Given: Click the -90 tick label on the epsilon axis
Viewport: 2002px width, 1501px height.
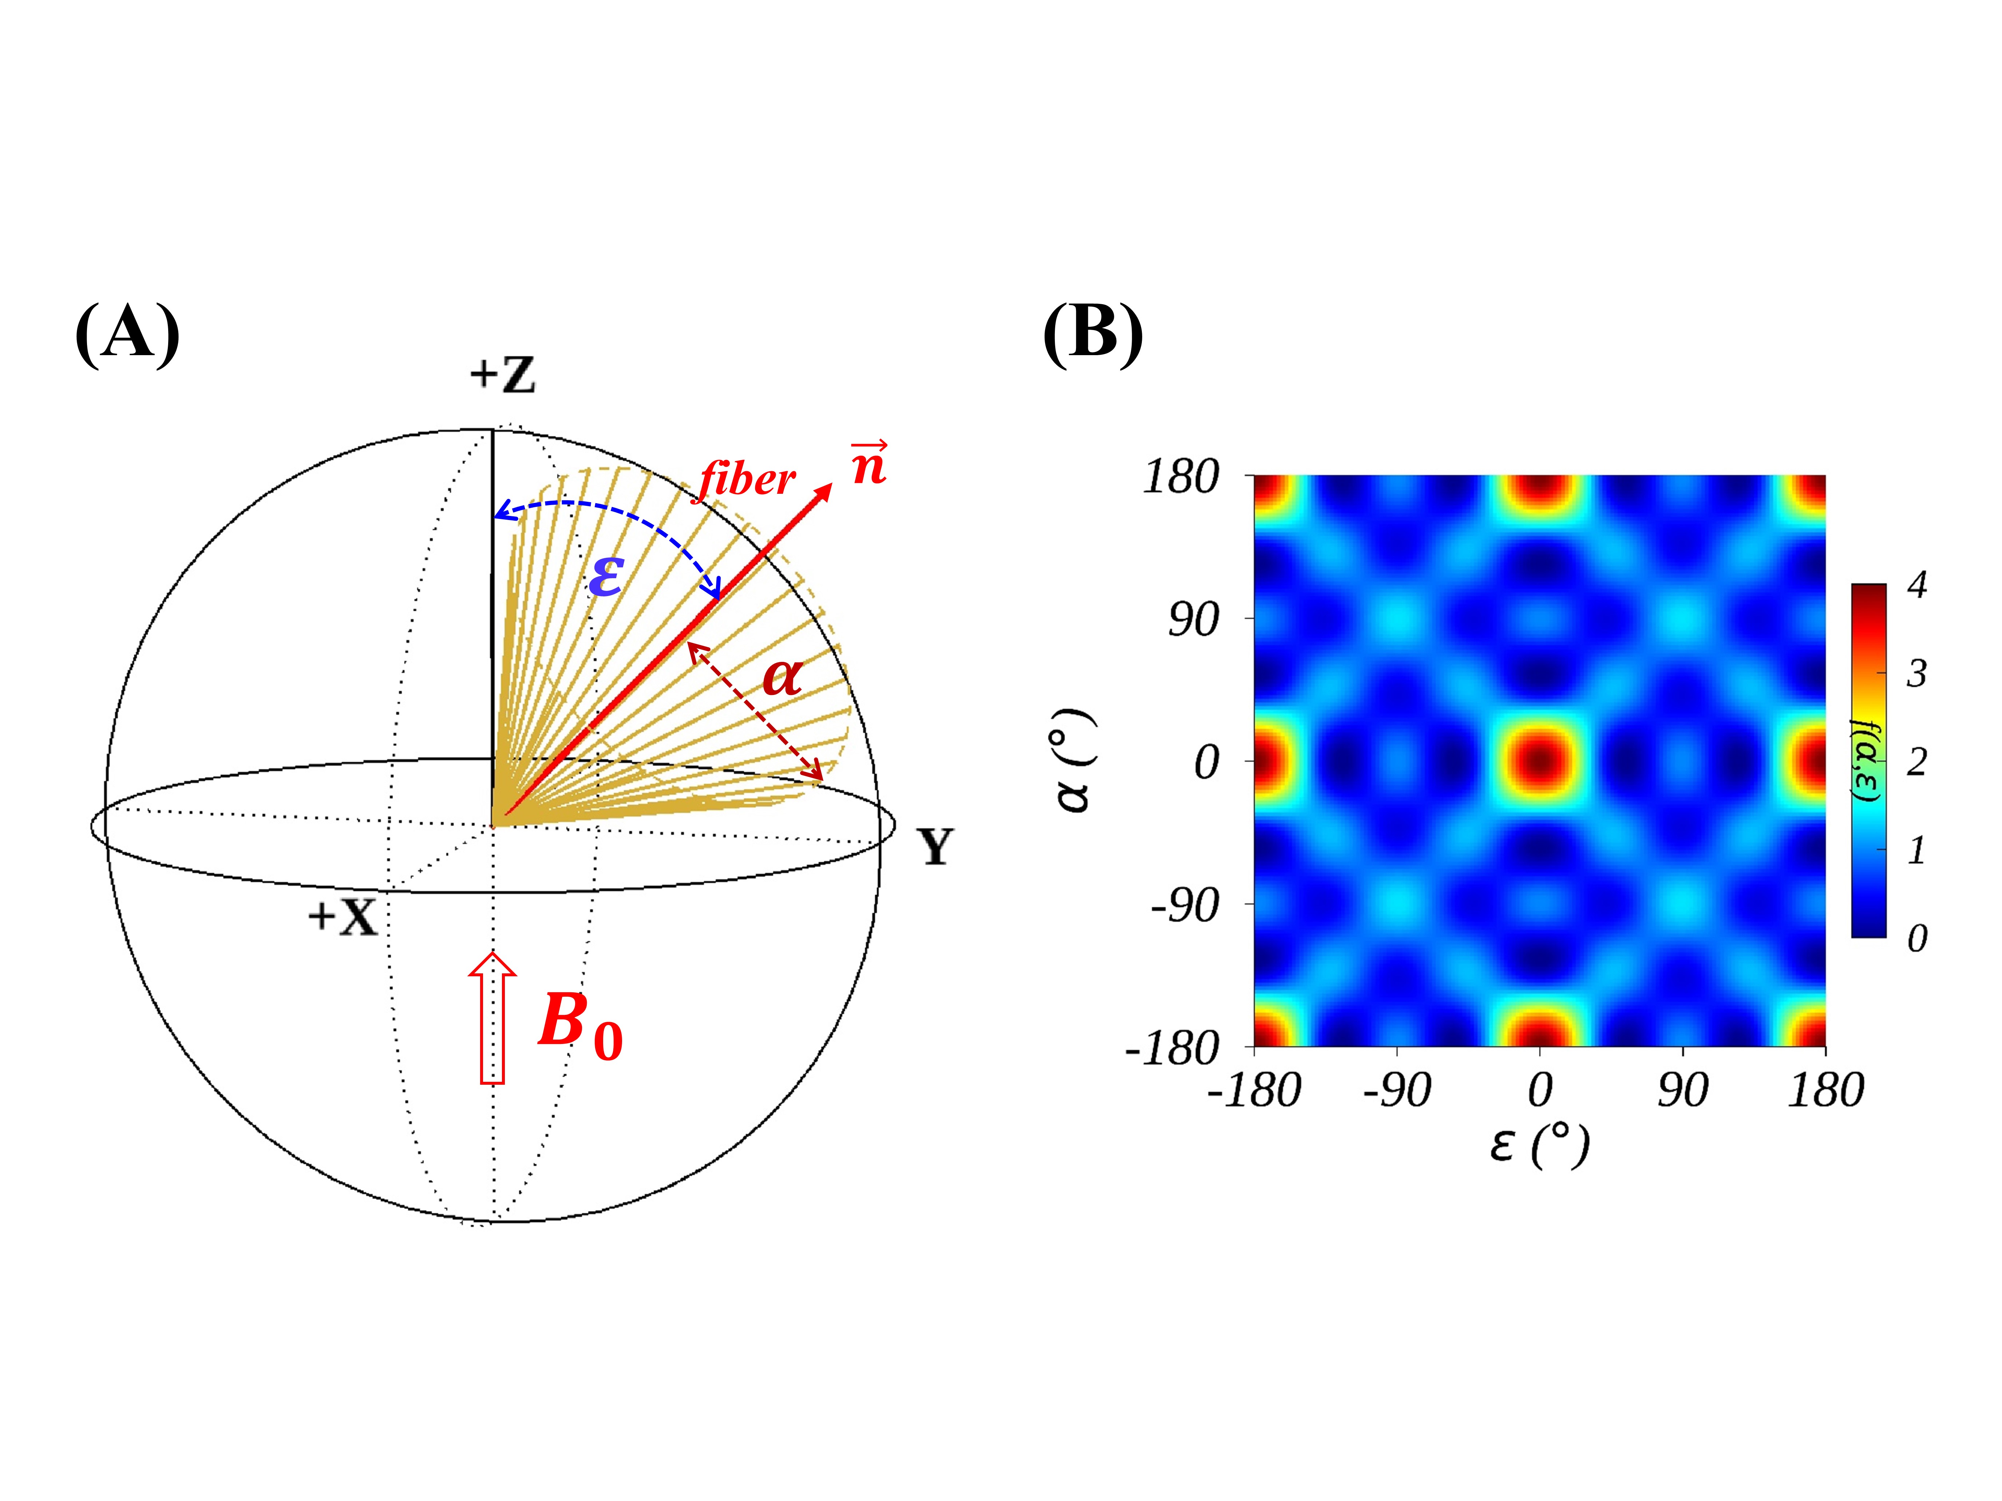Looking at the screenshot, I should click(1397, 1090).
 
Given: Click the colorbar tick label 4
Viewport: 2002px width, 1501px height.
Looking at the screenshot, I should click(1916, 585).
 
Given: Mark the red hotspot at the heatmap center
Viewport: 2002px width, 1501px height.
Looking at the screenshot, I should click(1539, 760).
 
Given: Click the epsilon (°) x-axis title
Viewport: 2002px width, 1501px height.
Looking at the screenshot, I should click(1539, 1145).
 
